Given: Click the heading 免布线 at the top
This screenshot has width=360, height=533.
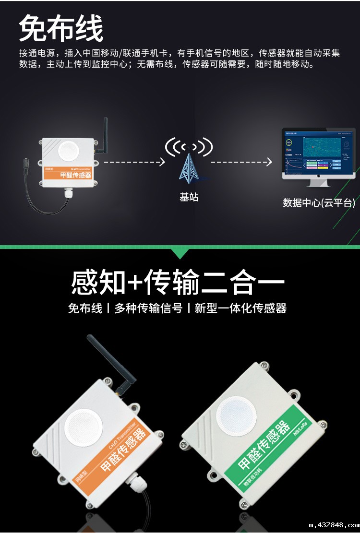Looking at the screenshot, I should tap(61, 28).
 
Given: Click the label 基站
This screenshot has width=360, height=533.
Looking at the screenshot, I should tap(189, 197).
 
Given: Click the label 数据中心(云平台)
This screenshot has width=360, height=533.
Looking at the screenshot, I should tap(319, 203).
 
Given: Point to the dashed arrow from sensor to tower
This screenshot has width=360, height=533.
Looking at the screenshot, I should tap(134, 162).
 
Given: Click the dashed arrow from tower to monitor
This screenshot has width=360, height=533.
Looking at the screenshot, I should tap(241, 162).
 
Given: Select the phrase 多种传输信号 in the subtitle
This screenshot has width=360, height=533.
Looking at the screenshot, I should tap(148, 308).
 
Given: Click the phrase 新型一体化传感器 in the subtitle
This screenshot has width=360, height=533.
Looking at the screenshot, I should tap(240, 308).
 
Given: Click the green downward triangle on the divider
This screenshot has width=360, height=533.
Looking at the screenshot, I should tap(180, 253).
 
